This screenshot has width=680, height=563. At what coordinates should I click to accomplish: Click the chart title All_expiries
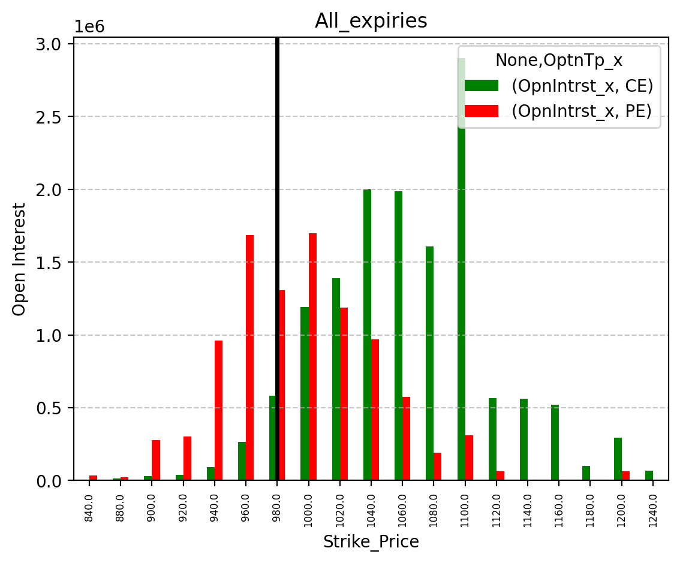coord(371,21)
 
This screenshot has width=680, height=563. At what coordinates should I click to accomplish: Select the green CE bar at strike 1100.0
coord(462,269)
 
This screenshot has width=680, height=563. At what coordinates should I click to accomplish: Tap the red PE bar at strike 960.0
coord(250,358)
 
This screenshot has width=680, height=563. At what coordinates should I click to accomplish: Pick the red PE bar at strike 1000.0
coord(312,357)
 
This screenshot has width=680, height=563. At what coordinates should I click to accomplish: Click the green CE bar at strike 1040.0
coord(368,335)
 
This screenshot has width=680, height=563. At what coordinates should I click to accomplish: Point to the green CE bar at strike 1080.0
coord(430,363)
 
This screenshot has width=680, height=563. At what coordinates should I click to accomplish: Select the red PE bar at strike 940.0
coord(218,410)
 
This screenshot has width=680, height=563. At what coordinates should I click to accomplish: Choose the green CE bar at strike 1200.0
coord(618,459)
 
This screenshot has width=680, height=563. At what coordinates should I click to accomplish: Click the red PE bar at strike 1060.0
coord(407,438)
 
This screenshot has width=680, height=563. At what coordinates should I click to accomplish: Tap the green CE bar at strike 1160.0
coord(555,442)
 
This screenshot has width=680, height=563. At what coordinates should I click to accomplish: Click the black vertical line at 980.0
coord(277,259)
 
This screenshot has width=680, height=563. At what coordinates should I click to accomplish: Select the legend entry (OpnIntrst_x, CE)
coord(559,86)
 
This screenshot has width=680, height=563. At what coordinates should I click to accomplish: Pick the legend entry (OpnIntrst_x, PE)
coord(558,111)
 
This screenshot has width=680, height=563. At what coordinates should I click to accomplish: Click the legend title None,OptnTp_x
coord(559,61)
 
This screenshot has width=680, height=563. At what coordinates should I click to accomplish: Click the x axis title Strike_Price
coord(371,542)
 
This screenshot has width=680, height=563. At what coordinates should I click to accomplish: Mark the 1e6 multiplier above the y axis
coord(90,27)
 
